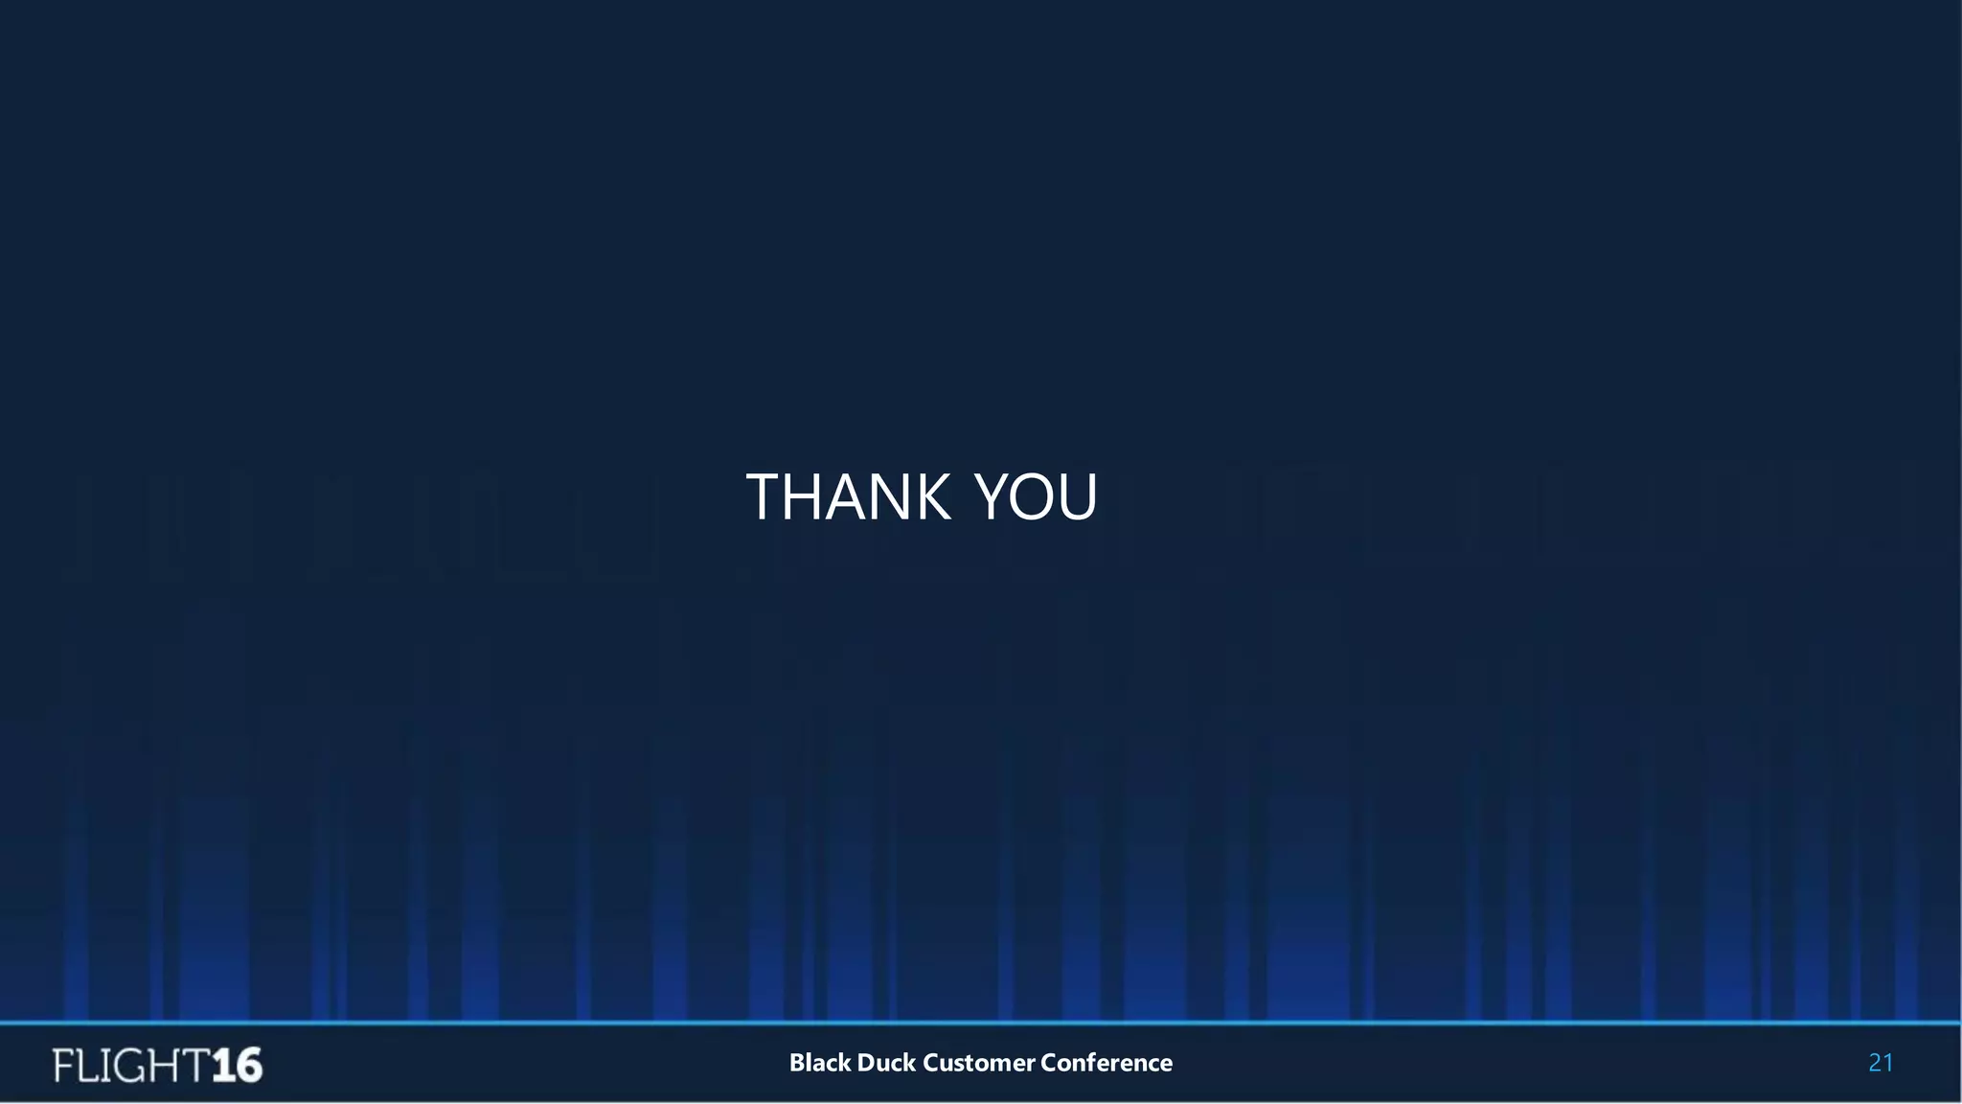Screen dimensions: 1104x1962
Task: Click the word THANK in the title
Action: [x=849, y=497]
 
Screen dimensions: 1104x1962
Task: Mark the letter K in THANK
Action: [x=931, y=497]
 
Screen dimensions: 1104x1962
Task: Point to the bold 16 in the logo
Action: [x=237, y=1066]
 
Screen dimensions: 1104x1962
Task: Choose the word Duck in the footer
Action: [x=886, y=1063]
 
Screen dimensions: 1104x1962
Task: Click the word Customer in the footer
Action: [x=978, y=1063]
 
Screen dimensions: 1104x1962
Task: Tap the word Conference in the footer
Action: [x=1106, y=1063]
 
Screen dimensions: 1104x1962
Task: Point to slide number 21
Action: [x=1881, y=1063]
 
